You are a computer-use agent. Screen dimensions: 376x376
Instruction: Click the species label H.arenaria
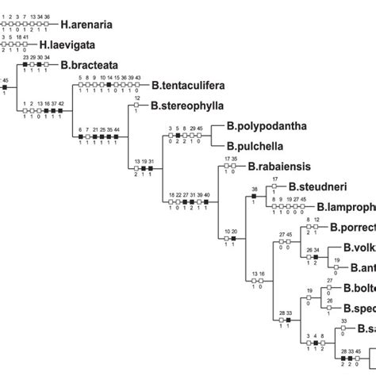point(83,25)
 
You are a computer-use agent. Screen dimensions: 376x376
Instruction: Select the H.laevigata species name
point(74,46)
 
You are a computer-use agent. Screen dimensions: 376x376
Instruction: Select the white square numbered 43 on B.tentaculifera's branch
point(138,86)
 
